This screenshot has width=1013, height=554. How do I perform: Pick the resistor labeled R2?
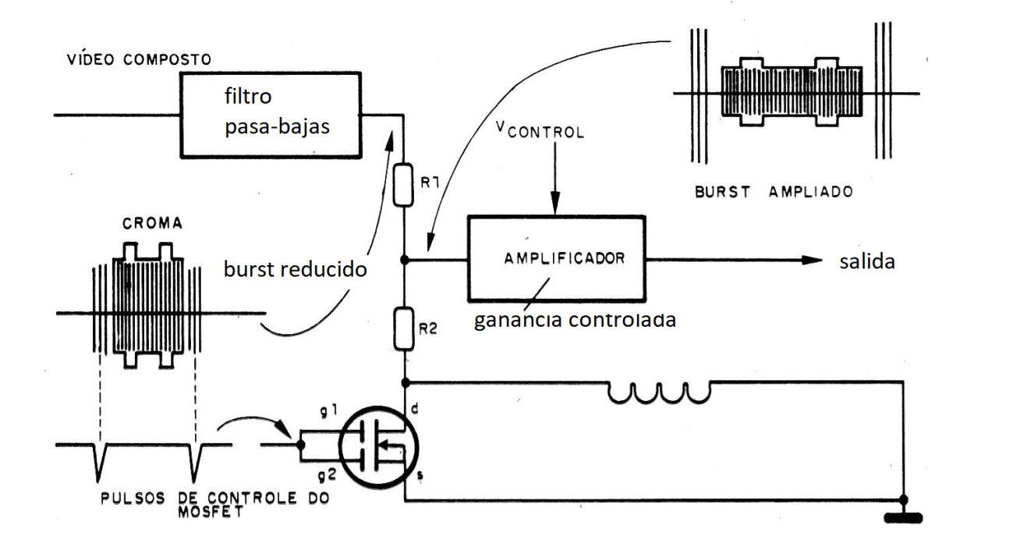point(404,328)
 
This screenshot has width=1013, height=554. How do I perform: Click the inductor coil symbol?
point(660,393)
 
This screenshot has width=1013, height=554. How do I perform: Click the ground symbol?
point(903,516)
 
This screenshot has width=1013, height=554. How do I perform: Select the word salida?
point(866,262)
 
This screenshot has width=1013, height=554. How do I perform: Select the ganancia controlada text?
point(575,321)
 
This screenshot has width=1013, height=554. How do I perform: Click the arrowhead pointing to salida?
point(810,261)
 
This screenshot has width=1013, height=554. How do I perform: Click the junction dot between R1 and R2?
point(404,259)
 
